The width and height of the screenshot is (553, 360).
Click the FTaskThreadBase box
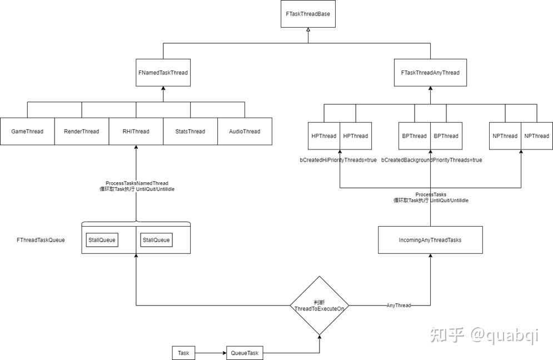tap(308, 14)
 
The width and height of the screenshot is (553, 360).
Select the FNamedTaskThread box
tap(163, 73)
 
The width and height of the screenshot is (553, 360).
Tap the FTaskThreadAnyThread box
tap(430, 73)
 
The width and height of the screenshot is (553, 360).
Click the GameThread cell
tap(27, 132)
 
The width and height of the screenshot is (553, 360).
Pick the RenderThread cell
tap(82, 132)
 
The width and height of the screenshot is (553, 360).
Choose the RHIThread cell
tap(136, 132)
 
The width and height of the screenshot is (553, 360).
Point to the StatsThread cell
tap(190, 132)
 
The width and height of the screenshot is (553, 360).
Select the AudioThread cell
tap(245, 132)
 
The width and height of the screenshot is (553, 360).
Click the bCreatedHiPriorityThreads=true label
tap(338, 160)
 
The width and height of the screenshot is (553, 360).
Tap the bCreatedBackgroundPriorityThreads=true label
tap(431, 160)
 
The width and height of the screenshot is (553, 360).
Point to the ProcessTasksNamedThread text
tap(137, 183)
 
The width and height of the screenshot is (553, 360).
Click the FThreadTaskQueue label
tap(41, 240)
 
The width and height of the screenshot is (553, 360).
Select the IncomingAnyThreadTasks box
tap(430, 240)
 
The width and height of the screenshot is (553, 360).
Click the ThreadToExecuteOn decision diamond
tap(319, 306)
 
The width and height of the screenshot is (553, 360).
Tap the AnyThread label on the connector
tap(398, 306)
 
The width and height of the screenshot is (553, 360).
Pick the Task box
tap(183, 353)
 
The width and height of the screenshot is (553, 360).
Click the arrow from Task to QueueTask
tap(211, 353)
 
